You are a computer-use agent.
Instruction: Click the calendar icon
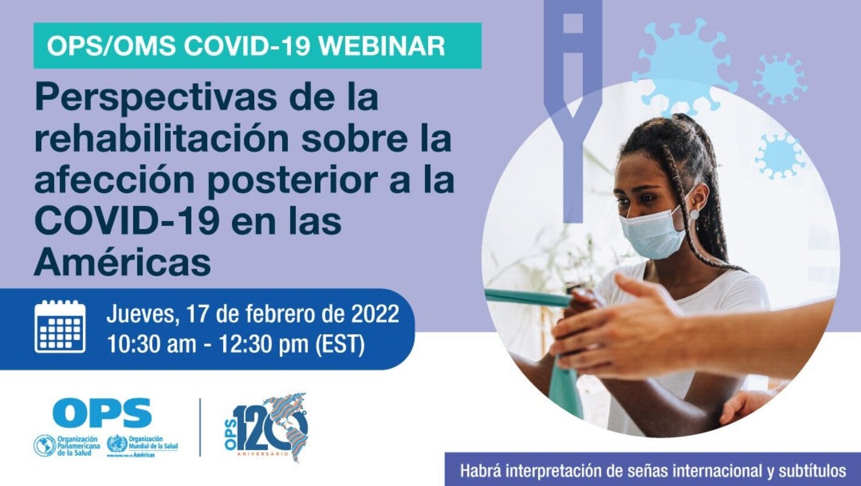(59, 326)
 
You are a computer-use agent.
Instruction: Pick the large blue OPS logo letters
(102, 413)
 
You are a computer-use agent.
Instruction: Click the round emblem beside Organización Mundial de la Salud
(117, 445)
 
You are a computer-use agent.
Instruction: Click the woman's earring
(694, 214)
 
